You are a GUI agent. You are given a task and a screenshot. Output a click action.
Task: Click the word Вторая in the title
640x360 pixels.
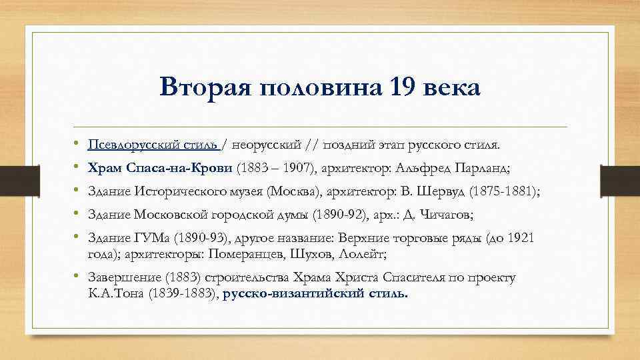point(199,88)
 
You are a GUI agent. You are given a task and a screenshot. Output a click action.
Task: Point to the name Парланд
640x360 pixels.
point(505,168)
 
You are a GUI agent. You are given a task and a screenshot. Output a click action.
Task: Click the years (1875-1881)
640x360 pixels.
point(505,191)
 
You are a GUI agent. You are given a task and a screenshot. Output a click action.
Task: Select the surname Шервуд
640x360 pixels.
point(439,191)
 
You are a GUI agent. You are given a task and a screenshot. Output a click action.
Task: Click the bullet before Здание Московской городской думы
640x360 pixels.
point(78,215)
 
